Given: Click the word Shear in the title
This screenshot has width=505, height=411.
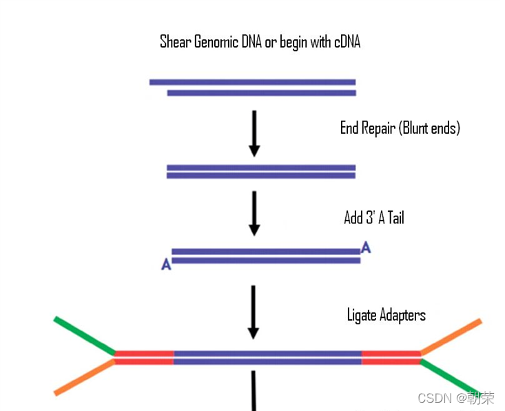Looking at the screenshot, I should (x=175, y=42).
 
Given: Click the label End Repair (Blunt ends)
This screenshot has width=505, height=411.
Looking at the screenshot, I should (x=400, y=128).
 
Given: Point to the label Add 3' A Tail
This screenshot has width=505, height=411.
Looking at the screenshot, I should (x=373, y=218).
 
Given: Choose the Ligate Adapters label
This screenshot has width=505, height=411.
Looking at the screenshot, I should (x=386, y=315).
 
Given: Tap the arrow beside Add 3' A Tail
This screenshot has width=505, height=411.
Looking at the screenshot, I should (x=254, y=214).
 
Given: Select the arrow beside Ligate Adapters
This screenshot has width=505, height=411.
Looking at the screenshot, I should (x=254, y=312).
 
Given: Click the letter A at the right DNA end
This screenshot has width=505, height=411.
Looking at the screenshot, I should (x=366, y=248).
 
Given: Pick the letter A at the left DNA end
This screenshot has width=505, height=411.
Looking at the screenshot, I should (x=166, y=264).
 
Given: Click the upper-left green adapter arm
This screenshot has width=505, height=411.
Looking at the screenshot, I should (x=84, y=336).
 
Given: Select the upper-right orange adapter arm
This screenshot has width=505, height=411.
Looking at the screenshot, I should (x=451, y=337).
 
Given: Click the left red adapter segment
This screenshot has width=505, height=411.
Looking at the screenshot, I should (x=144, y=357).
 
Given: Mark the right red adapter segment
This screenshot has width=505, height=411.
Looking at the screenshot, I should (x=391, y=357).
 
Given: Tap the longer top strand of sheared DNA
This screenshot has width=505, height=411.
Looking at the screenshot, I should (x=252, y=82).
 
